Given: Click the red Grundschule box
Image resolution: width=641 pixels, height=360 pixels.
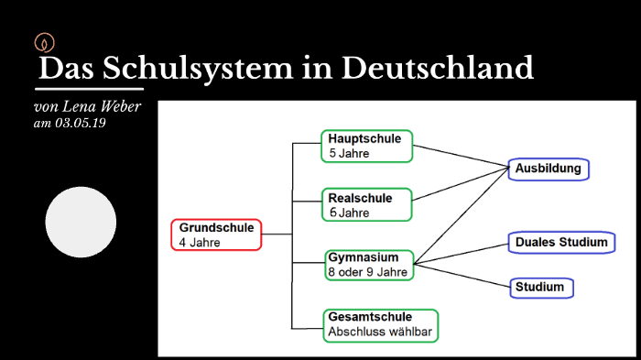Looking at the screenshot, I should coord(216,235).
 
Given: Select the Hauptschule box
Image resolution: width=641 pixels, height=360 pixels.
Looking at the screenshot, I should coord(366,146).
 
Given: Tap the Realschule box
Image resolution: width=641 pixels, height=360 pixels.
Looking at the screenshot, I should coord(366,204).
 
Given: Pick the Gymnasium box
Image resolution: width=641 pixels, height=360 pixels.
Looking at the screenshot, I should coord(368,265).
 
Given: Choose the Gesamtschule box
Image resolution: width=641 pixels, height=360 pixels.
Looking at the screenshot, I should coord(380,324).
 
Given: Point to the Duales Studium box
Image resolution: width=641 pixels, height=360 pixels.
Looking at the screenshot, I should coord(560,243).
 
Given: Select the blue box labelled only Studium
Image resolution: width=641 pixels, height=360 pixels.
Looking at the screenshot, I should coord(542,288).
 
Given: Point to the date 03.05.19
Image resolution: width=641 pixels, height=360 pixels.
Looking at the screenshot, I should coord(81,123).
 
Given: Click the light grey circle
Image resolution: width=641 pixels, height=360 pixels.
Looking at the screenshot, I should coord(81,222).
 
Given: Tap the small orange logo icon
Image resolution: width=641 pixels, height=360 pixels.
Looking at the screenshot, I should coord(44,41).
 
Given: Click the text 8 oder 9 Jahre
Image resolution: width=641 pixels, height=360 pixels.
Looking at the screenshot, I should coord(367,272).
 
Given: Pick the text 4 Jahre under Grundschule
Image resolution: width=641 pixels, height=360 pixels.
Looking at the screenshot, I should coord(200,243).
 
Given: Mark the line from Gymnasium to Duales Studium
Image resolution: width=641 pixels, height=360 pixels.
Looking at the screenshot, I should coord(462,254).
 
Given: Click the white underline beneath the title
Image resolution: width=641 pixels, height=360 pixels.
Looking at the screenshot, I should coord(89,89).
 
